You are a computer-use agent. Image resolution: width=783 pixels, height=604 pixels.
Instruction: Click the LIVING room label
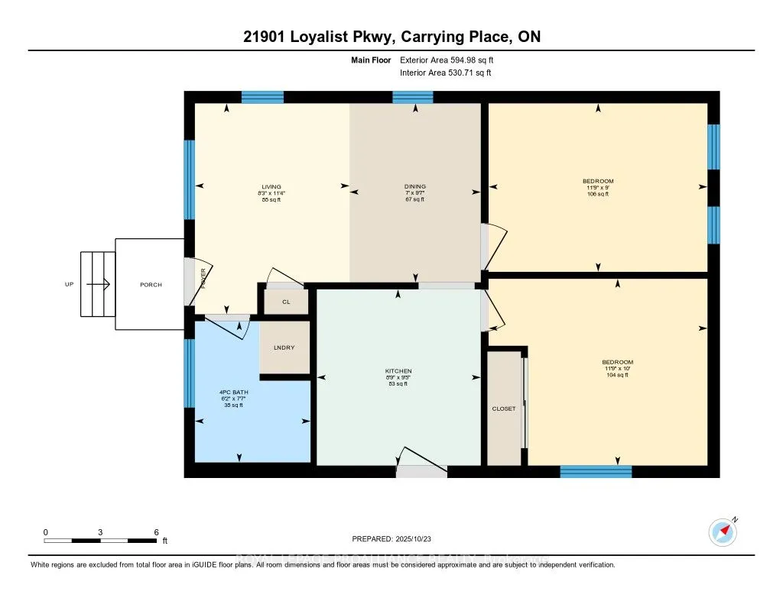coord(271,186)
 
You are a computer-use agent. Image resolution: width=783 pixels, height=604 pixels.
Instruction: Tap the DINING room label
coord(415,186)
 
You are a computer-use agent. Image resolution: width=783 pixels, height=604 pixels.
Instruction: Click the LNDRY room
coord(284,348)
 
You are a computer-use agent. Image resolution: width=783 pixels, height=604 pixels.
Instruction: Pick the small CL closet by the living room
coord(286,302)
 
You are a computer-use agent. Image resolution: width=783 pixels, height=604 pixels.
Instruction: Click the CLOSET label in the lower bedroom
coord(503,409)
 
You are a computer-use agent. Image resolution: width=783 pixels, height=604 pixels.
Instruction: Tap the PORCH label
coord(151,285)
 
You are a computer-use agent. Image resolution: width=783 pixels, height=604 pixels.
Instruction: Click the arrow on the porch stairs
coord(99,284)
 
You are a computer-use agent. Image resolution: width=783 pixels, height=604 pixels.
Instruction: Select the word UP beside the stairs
coord(70,285)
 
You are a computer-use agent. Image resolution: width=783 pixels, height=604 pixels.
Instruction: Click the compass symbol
coord(722,531)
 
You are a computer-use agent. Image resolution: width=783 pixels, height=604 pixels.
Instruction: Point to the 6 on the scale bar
coord(155,531)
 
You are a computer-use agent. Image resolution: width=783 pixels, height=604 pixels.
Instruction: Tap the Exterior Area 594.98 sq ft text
coord(452,60)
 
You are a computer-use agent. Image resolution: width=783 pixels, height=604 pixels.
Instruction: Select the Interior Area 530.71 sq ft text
coord(445,73)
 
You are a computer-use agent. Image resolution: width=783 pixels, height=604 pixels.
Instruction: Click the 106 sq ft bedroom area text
coord(598,194)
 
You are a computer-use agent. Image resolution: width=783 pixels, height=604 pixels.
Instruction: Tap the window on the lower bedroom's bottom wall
coord(596,471)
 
